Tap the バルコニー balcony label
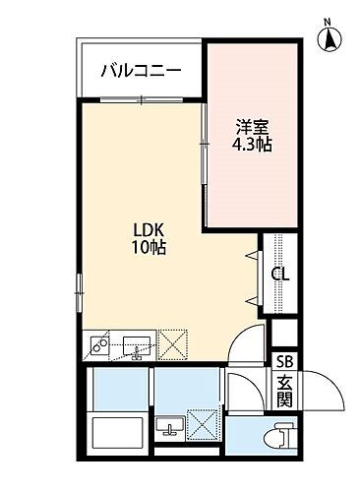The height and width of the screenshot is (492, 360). point(140,70)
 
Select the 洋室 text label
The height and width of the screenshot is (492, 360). point(253,126)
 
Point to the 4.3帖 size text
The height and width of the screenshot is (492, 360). point(253,145)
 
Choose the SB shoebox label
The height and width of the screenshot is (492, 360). point(283,361)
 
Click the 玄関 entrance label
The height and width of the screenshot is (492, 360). point(283,391)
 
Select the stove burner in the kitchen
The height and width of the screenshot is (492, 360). point(99,345)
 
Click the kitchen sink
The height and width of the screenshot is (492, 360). point(136,345)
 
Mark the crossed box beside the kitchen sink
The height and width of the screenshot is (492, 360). point(174,344)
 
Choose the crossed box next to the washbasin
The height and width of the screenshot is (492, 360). point(204,427)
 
